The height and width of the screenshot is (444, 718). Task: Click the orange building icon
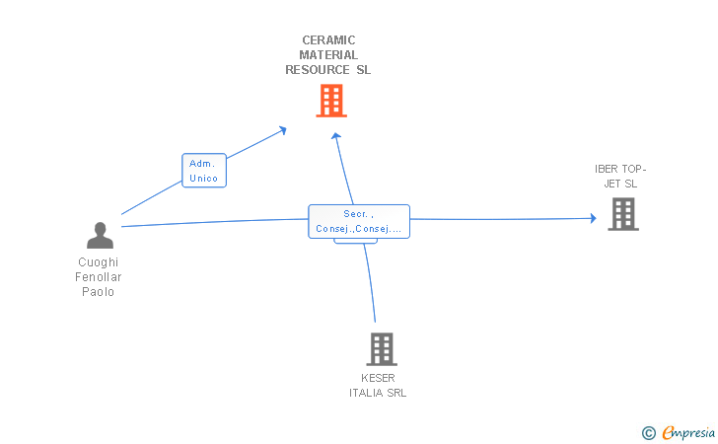(x=331, y=101)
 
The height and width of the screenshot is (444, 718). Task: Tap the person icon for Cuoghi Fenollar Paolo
(x=100, y=236)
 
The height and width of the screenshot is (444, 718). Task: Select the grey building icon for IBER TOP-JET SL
(x=623, y=214)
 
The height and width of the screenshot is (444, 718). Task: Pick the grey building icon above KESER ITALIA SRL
(x=382, y=349)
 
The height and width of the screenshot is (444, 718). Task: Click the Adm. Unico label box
(x=204, y=171)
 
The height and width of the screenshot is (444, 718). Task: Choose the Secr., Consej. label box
(x=359, y=221)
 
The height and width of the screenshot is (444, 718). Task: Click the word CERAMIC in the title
(x=328, y=40)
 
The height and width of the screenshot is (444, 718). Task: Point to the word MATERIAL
(x=328, y=55)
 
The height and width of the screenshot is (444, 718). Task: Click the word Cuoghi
(x=98, y=262)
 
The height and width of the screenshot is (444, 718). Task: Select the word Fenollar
(x=98, y=277)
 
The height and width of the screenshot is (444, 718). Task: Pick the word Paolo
(x=98, y=292)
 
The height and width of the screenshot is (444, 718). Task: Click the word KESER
(x=378, y=378)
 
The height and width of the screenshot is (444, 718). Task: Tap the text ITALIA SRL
(x=378, y=393)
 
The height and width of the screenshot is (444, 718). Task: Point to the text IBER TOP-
(x=620, y=169)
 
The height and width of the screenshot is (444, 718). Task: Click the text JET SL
(x=620, y=184)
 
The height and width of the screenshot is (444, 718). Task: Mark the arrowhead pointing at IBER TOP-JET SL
(x=594, y=219)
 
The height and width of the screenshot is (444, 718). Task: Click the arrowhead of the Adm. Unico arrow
(x=282, y=130)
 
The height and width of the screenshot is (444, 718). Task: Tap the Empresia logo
(x=688, y=432)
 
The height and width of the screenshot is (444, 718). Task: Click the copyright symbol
(x=648, y=433)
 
